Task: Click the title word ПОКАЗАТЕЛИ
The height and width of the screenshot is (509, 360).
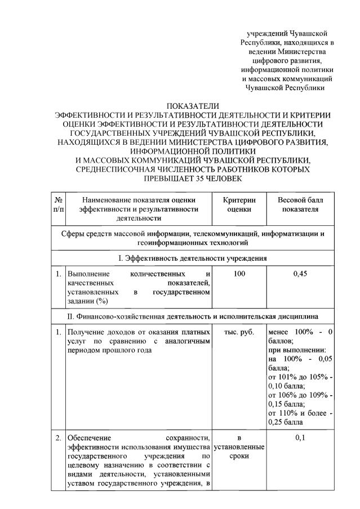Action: (x=192, y=106)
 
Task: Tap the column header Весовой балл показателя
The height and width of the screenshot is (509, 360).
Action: (x=301, y=204)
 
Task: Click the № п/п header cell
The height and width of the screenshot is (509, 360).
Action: (x=58, y=204)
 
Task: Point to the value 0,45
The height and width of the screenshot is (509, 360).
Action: (x=301, y=274)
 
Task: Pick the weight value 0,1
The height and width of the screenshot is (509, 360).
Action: (x=301, y=438)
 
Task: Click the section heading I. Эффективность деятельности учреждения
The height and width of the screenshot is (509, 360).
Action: (x=192, y=258)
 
